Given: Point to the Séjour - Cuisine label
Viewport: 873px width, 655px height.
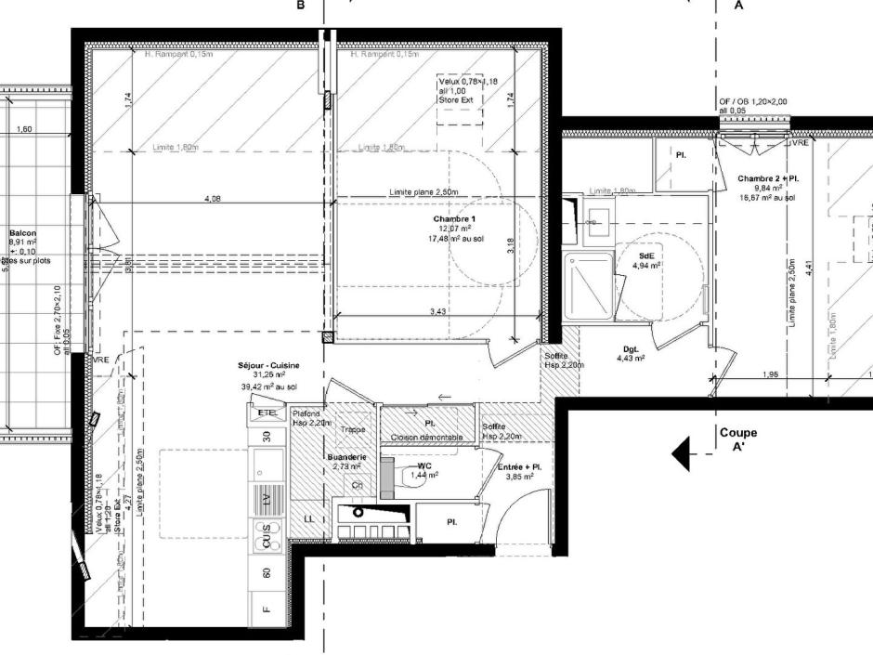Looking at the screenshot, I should pos(268,367).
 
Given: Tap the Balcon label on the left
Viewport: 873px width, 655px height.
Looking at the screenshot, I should pos(22,234).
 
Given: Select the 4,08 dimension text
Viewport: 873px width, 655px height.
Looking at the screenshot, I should pos(212,199).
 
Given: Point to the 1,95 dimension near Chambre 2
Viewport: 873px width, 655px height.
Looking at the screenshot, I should pos(769,375).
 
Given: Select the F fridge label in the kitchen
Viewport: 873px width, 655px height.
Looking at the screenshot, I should pos(267,609).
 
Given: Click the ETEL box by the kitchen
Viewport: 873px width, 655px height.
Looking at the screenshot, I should pos(267,412).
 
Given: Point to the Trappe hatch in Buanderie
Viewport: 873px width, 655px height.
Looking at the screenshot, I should pos(351,430).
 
